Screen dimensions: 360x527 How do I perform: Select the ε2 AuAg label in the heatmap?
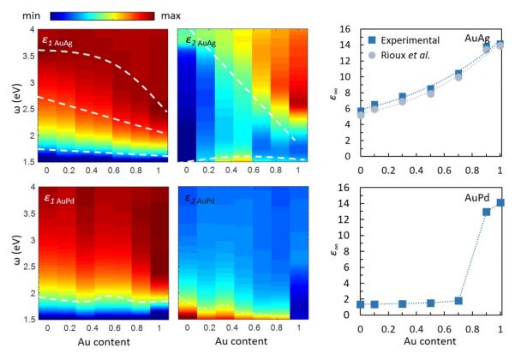tap(205, 39)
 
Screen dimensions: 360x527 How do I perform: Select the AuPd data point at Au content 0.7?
tap(458, 301)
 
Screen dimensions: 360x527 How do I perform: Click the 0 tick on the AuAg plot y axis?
tap(345, 157)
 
